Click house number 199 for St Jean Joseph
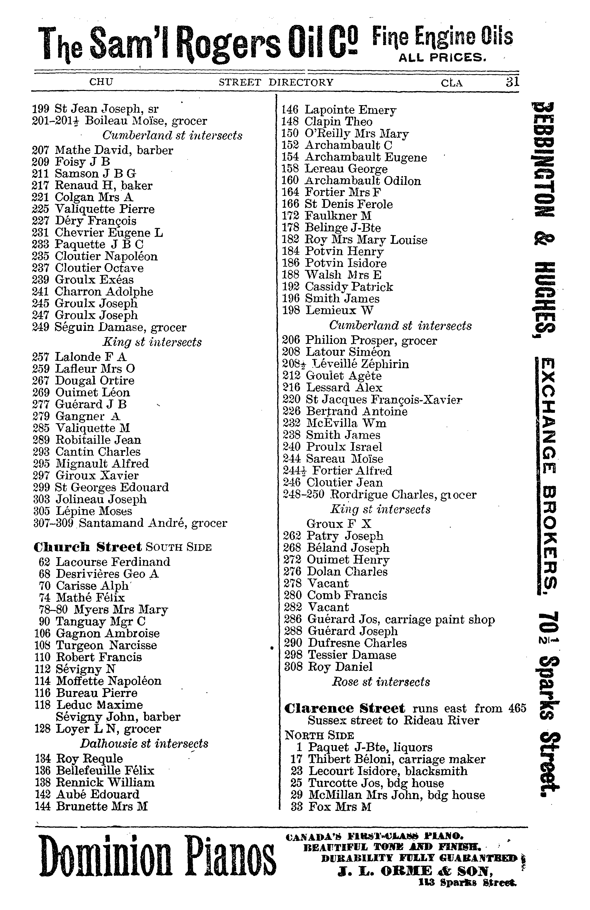[40, 109]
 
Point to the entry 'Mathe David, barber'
[114, 150]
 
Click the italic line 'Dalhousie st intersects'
[144, 744]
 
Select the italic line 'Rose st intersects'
[381, 682]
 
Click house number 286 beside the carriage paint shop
[293, 619]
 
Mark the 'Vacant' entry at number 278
[328, 583]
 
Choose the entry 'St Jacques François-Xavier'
[384, 400]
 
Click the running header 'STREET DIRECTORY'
[276, 82]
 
